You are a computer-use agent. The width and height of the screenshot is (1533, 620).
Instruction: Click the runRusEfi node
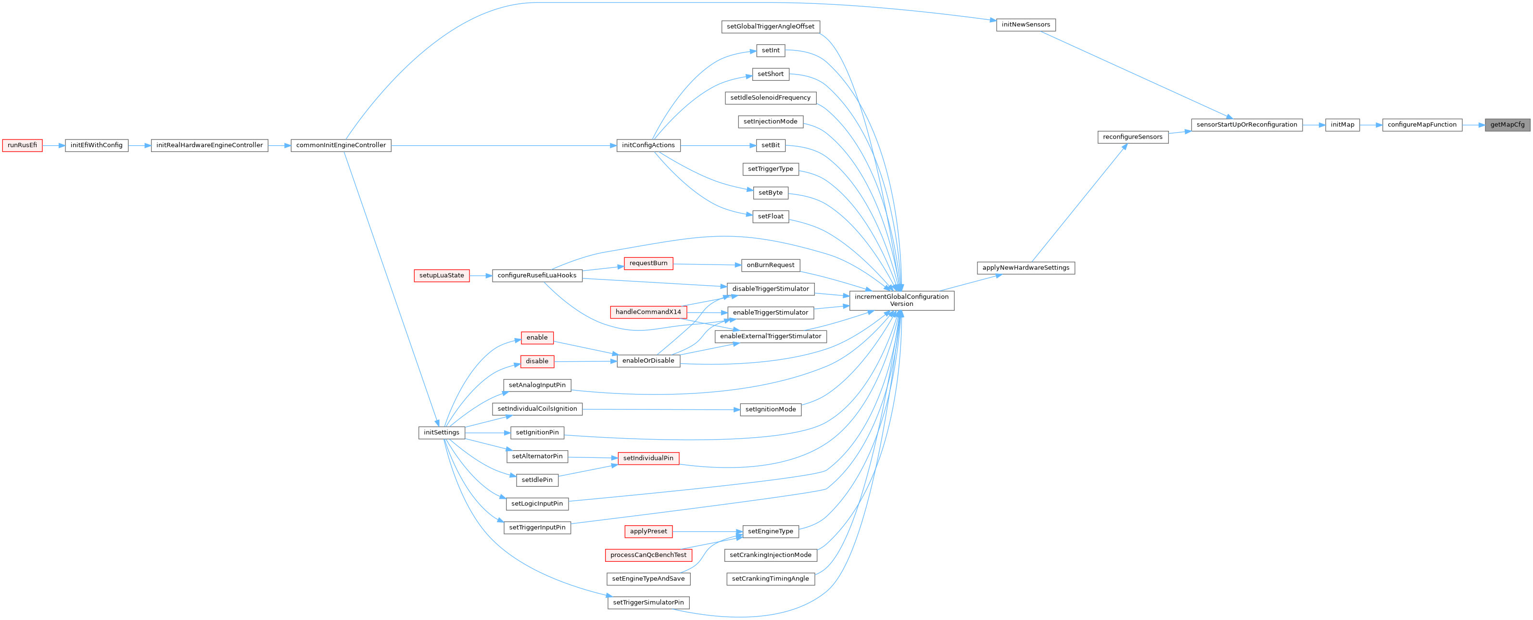(x=22, y=145)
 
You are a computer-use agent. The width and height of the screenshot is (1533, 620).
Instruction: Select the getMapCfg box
(x=1507, y=125)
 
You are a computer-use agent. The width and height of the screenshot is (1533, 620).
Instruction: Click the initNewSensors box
(x=1026, y=25)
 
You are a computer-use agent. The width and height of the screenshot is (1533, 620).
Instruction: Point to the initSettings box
(x=441, y=432)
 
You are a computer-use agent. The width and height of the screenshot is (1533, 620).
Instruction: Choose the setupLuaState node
(x=441, y=276)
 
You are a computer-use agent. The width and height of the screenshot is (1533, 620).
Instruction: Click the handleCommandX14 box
(x=647, y=312)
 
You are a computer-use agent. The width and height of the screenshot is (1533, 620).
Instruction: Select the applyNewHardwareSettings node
(x=1026, y=268)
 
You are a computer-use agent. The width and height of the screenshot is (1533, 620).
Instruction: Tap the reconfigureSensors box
(x=1132, y=137)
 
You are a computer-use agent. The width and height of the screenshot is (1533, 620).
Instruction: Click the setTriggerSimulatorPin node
(x=648, y=603)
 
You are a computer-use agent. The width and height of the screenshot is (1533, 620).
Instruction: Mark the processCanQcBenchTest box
(x=648, y=555)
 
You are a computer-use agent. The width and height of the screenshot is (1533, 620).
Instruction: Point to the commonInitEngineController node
(x=341, y=145)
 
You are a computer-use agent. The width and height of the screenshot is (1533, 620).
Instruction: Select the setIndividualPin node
(x=647, y=458)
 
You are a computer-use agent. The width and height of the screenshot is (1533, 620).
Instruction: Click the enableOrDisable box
(x=647, y=361)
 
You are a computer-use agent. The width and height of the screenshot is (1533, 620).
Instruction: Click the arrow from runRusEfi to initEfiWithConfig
(x=53, y=145)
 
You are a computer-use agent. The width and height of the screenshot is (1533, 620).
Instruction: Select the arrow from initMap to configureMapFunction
(x=1370, y=125)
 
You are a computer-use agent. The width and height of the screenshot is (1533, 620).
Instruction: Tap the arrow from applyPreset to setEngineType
(x=707, y=531)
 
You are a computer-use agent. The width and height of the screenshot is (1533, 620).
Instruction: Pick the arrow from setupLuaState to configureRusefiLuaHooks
(x=480, y=276)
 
